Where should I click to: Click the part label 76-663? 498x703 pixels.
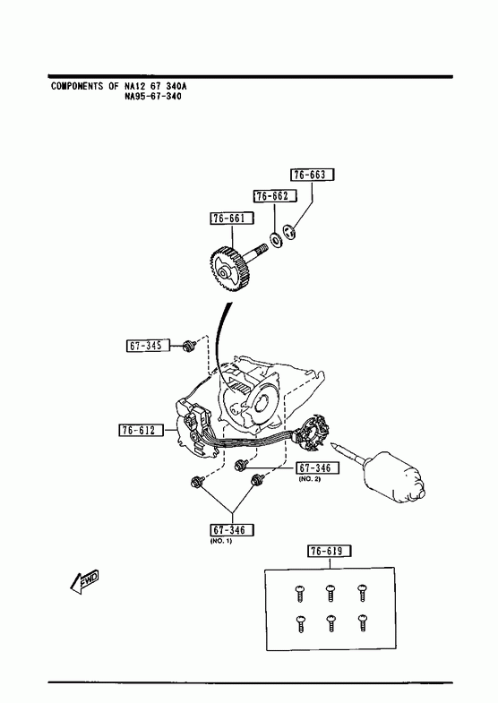click(313, 175)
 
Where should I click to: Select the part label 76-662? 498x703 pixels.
click(275, 196)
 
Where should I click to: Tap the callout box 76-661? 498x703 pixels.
click(232, 219)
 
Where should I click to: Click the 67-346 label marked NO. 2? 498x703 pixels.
click(317, 468)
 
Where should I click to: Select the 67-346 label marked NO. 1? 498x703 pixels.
click(232, 530)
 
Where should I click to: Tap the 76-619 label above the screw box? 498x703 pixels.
click(330, 551)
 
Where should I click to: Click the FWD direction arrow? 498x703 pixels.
click(84, 582)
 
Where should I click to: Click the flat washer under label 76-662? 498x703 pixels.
click(275, 240)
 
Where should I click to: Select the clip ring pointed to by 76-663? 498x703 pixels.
click(288, 232)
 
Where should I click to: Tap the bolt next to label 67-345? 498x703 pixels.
click(188, 346)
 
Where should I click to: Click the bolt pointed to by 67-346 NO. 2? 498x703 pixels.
click(240, 466)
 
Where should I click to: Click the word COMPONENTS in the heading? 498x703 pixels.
click(77, 86)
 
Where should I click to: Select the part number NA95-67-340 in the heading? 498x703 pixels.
click(153, 97)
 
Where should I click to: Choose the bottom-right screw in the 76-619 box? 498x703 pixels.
click(362, 623)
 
